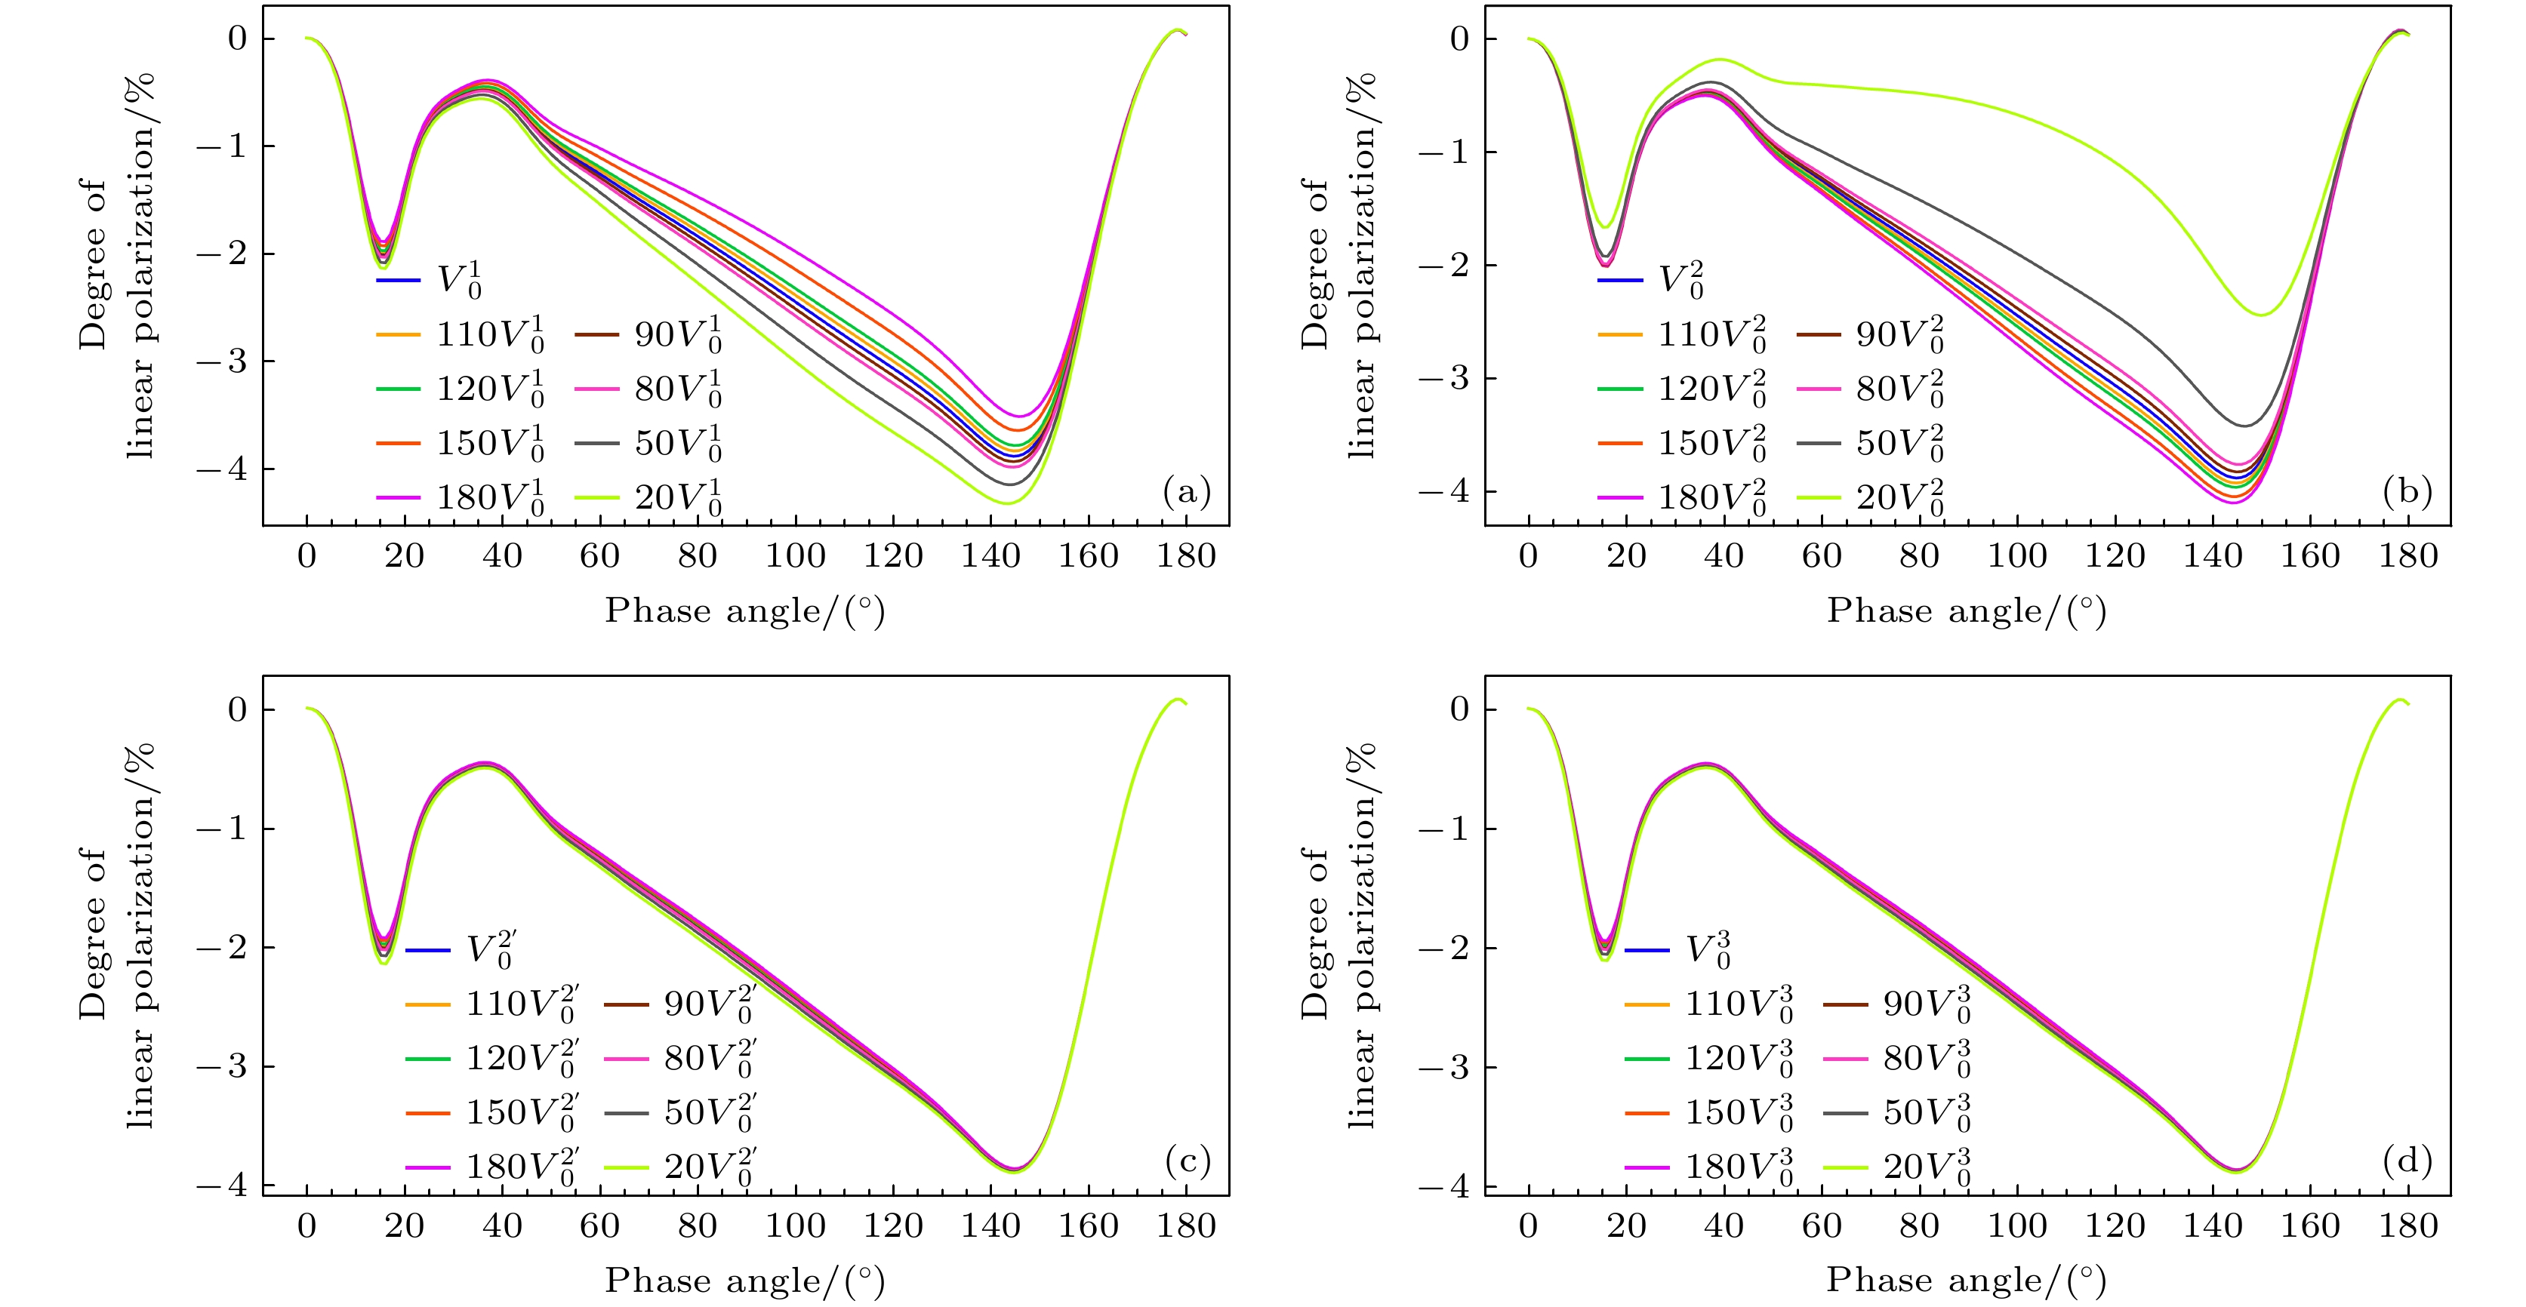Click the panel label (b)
pos(2407,492)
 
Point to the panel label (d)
pos(2407,1162)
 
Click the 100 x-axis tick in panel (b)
pos(2017,557)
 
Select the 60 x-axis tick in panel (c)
pos(599,1226)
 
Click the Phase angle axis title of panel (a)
pos(745,610)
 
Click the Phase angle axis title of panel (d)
pos(1966,1281)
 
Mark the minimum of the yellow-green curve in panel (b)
pos(2261,315)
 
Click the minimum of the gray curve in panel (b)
pos(2243,425)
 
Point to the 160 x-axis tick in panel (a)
pos(1089,557)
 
